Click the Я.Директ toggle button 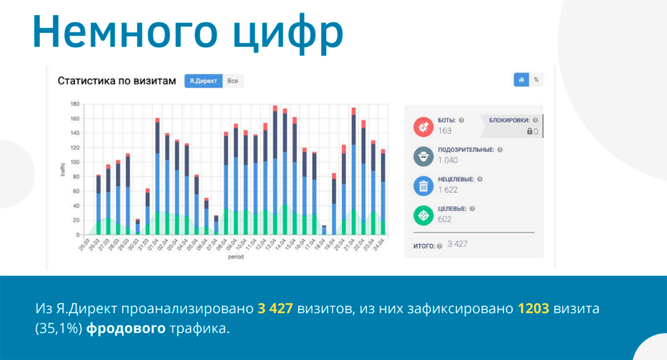tap(203, 81)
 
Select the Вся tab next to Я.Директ tap(233, 81)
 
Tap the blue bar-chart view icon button tap(521, 79)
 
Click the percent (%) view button tap(536, 79)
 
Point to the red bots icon tap(423, 127)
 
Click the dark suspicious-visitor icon tap(423, 156)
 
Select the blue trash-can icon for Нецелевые tap(423, 186)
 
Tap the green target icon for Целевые tap(423, 215)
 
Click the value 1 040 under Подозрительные tap(448, 160)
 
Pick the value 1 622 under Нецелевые tap(448, 190)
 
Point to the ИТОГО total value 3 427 tap(457, 244)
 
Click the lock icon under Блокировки tap(529, 131)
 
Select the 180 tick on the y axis tap(75, 104)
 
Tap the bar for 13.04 tap(275, 172)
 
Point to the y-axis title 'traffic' tap(63, 169)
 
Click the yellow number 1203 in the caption tap(534, 309)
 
